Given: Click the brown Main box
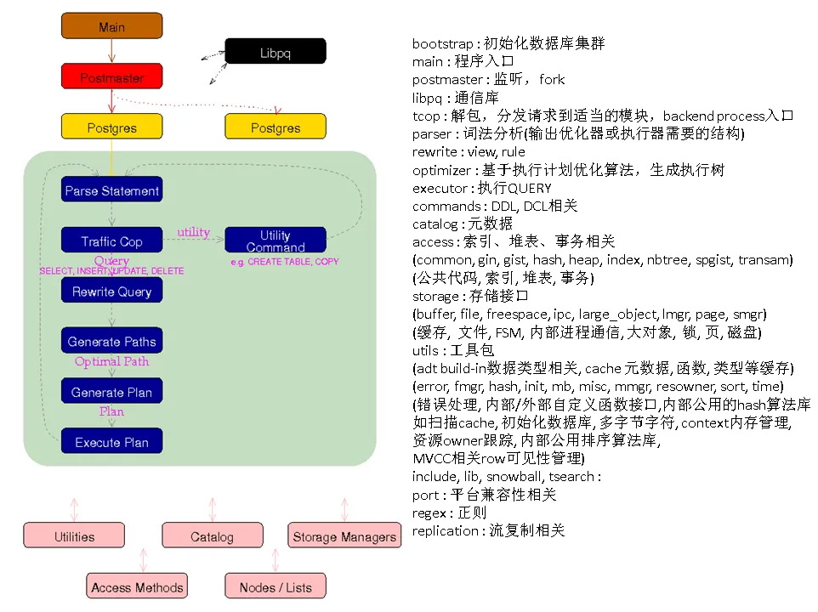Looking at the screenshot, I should pyautogui.click(x=111, y=26).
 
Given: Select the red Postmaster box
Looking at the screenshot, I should pyautogui.click(x=111, y=77).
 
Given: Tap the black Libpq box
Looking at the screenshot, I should pyautogui.click(x=275, y=52).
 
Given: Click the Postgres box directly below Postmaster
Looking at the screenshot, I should pyautogui.click(x=111, y=127).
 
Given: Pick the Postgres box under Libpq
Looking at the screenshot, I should pyautogui.click(x=275, y=127).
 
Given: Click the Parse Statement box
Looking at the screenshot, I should pyautogui.click(x=111, y=190).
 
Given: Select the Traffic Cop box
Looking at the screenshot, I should pyautogui.click(x=111, y=241).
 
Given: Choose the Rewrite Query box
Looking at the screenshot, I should pyautogui.click(x=111, y=291).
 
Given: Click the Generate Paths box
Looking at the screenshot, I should pyautogui.click(x=111, y=342).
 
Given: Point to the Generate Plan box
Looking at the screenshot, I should pyautogui.click(x=111, y=392).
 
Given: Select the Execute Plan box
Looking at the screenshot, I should pyautogui.click(x=111, y=442).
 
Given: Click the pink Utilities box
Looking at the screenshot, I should pyautogui.click(x=74, y=536).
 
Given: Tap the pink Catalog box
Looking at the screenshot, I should pyautogui.click(x=212, y=536).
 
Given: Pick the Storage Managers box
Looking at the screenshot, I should pyautogui.click(x=344, y=536).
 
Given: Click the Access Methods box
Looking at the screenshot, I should pyautogui.click(x=137, y=586).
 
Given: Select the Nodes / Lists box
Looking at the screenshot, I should pyautogui.click(x=275, y=586).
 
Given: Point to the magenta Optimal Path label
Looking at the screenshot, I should pyautogui.click(x=111, y=361).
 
